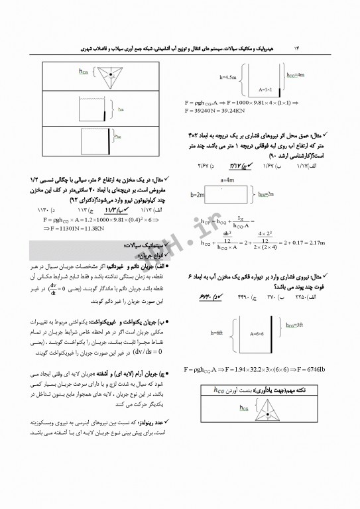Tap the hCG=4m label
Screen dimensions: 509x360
point(308,76)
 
